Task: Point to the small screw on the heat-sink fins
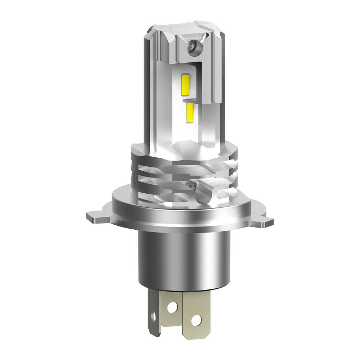[190, 185]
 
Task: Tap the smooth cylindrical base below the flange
[184, 259]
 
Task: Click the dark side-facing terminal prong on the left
[154, 317]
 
